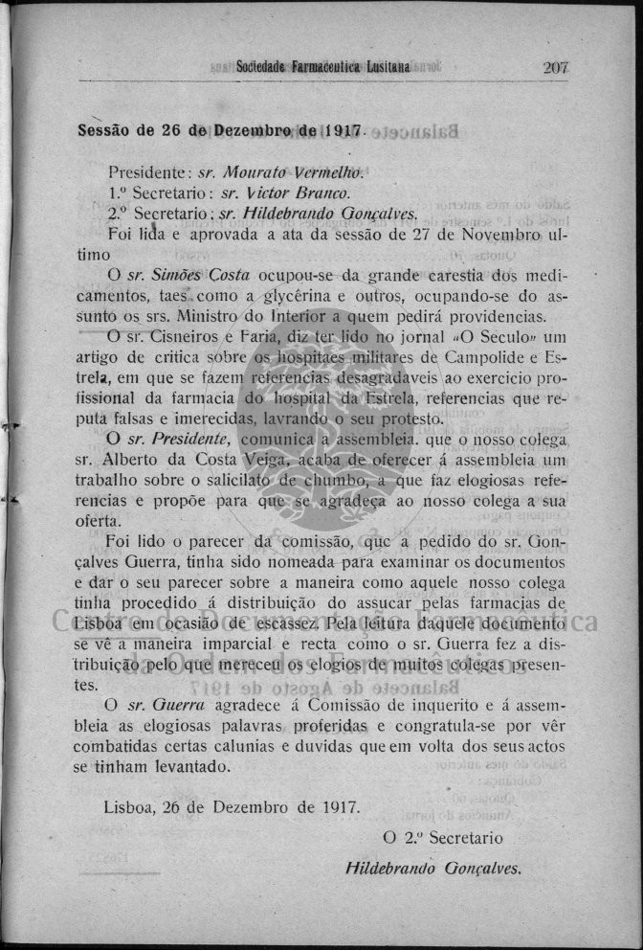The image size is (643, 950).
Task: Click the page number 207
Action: coord(555,67)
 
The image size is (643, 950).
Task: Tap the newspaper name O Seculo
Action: coord(505,337)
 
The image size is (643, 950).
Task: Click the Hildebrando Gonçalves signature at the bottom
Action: coord(432,870)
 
